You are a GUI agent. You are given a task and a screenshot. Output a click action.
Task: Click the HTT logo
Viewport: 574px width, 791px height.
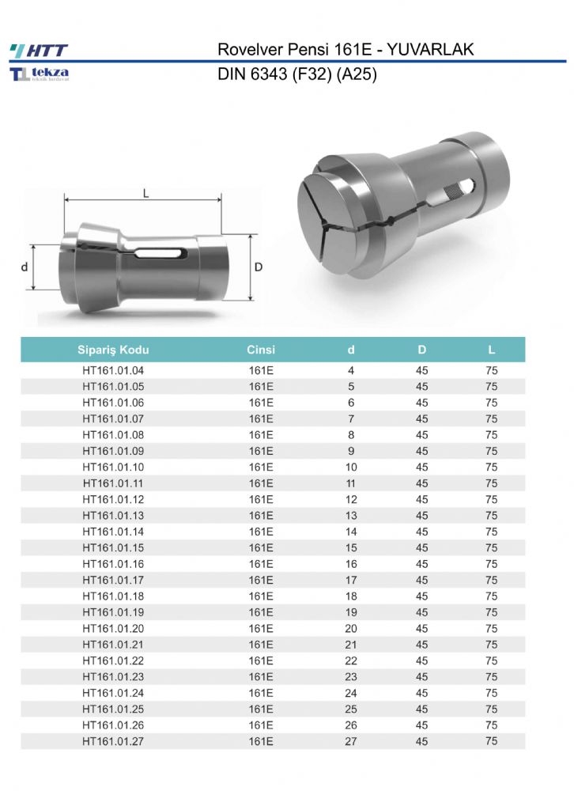point(39,51)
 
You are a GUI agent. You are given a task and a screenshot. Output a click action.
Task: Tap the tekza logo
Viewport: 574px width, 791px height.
point(40,74)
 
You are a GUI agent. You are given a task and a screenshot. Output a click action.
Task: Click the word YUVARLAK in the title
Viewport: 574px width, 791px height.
point(430,49)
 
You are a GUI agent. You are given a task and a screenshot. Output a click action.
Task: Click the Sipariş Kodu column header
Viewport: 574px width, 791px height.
point(113,350)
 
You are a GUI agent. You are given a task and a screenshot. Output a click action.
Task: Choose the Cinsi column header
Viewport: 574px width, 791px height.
point(261,350)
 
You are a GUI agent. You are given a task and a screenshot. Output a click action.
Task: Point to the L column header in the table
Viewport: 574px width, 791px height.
point(491,350)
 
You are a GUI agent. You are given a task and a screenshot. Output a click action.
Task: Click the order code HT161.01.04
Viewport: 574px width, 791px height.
point(113,370)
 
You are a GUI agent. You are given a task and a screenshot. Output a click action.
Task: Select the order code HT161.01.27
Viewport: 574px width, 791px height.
point(113,741)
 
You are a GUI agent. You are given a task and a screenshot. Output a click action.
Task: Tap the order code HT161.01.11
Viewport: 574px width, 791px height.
point(113,483)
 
